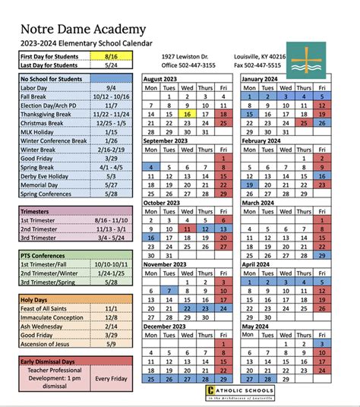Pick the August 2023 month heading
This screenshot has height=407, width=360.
point(165,78)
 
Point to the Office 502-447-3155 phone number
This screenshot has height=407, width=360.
point(189,66)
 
